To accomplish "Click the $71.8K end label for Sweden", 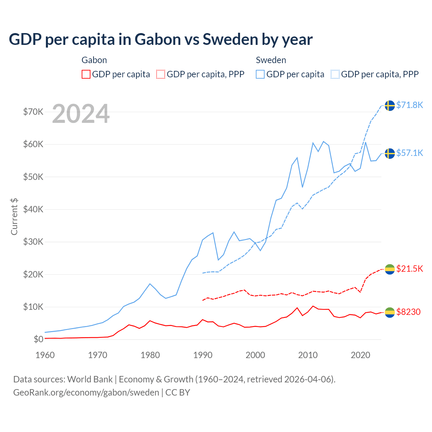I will pos(409,105).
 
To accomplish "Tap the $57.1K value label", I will pos(409,153).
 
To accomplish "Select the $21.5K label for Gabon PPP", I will pos(409,269).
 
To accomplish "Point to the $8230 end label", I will pos(408,312).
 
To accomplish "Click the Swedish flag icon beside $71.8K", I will pos(390,106).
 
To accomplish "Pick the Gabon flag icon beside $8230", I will pos(390,313).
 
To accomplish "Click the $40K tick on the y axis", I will pos(33,209).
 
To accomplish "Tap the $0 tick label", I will pos(38,339).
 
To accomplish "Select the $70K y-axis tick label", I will pos(33,112).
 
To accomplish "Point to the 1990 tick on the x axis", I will pos(203,355).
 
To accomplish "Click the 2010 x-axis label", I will pos(308,355).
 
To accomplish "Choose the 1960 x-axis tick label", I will pos(45,355).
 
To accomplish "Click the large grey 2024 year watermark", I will pos(81,114).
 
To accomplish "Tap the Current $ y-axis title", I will pos(14,216).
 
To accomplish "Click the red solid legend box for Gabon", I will pos(86,74).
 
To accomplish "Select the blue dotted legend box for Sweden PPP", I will pos(335,74).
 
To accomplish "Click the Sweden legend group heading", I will pos(271,60).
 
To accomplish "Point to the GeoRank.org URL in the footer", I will pos(86,393).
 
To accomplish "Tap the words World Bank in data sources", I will pos(90,379).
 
